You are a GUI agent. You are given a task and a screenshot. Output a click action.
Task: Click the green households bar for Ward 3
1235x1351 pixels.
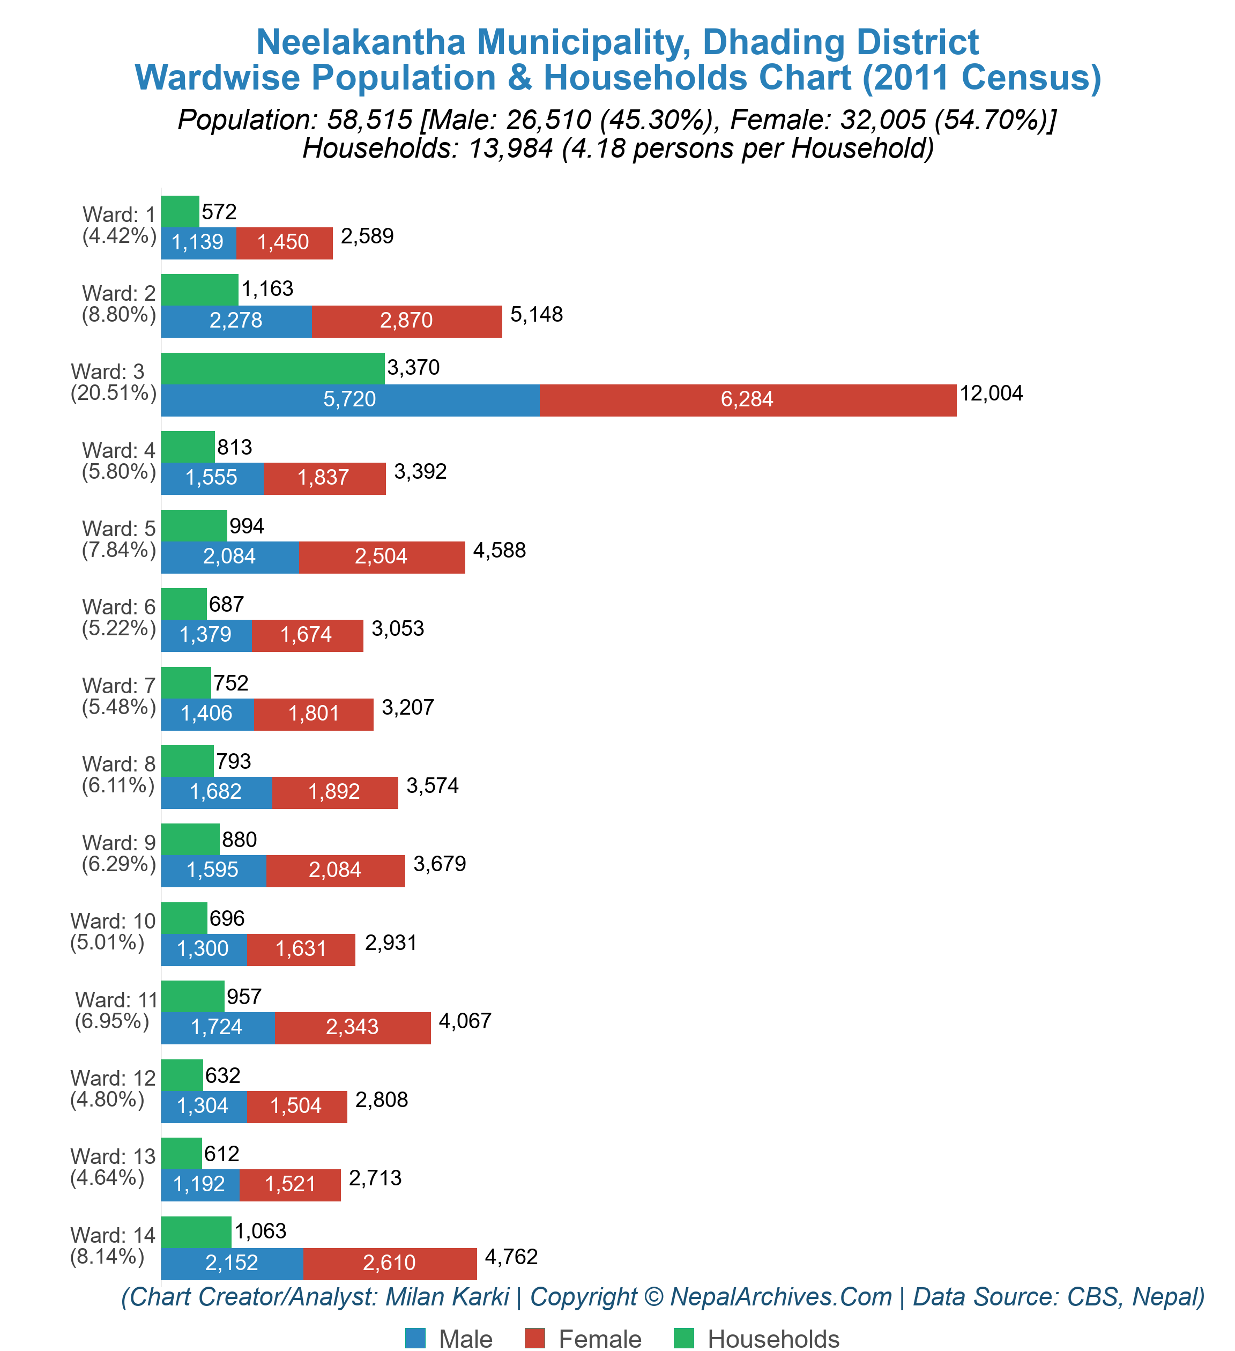tap(273, 368)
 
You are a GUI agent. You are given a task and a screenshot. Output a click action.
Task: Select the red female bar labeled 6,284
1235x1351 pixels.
tap(747, 400)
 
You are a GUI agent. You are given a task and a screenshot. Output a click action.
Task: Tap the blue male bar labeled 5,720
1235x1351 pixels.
tap(350, 400)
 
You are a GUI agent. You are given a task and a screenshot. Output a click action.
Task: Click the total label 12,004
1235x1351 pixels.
tap(991, 394)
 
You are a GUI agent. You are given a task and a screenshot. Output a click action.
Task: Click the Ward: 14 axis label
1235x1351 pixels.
tap(112, 1246)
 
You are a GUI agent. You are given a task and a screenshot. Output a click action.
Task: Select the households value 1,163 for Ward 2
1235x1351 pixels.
tap(267, 289)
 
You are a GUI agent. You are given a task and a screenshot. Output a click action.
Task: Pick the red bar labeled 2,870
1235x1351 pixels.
tap(406, 321)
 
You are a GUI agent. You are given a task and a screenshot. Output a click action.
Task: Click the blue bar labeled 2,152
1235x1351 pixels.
tap(232, 1263)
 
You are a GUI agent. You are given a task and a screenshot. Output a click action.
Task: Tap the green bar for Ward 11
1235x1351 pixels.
tap(192, 997)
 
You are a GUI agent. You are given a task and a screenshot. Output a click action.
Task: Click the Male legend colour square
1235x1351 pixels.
tap(415, 1338)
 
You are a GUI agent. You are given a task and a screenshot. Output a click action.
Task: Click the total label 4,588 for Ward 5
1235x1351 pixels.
tap(499, 551)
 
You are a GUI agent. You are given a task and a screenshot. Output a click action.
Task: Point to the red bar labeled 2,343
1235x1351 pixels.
tap(353, 1027)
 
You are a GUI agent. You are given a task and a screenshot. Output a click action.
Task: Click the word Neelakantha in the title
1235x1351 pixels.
tap(361, 42)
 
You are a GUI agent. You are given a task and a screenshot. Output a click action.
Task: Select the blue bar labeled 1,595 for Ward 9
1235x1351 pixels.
tap(213, 871)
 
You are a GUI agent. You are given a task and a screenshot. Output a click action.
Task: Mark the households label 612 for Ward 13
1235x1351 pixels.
tap(222, 1154)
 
